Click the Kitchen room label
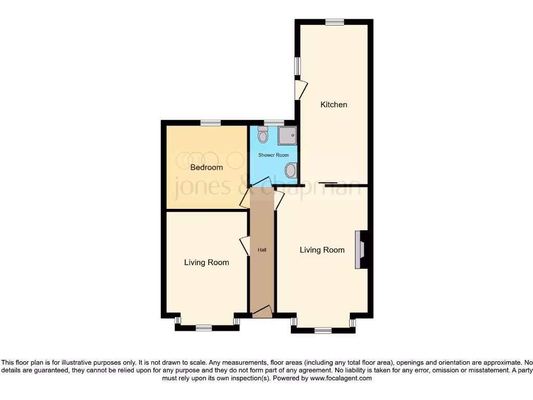pyautogui.click(x=333, y=105)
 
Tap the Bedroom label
pyautogui.click(x=206, y=167)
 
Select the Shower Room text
pyautogui.click(x=273, y=155)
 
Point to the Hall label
pyautogui.click(x=262, y=250)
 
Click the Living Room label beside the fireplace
pyautogui.click(x=322, y=250)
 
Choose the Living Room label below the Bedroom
pyautogui.click(x=206, y=262)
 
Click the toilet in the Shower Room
pyautogui.click(x=263, y=135)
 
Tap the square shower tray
pyautogui.click(x=287, y=135)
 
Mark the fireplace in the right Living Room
pyautogui.click(x=361, y=249)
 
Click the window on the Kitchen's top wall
pyautogui.click(x=335, y=22)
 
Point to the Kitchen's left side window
pyautogui.click(x=298, y=66)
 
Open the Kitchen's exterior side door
pyautogui.click(x=300, y=89)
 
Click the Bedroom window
pyautogui.click(x=210, y=123)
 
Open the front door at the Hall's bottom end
pyautogui.click(x=262, y=311)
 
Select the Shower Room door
pyautogui.click(x=260, y=182)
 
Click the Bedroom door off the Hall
pyautogui.click(x=245, y=199)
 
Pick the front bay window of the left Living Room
pyautogui.click(x=204, y=328)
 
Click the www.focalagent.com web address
pyautogui.click(x=340, y=378)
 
